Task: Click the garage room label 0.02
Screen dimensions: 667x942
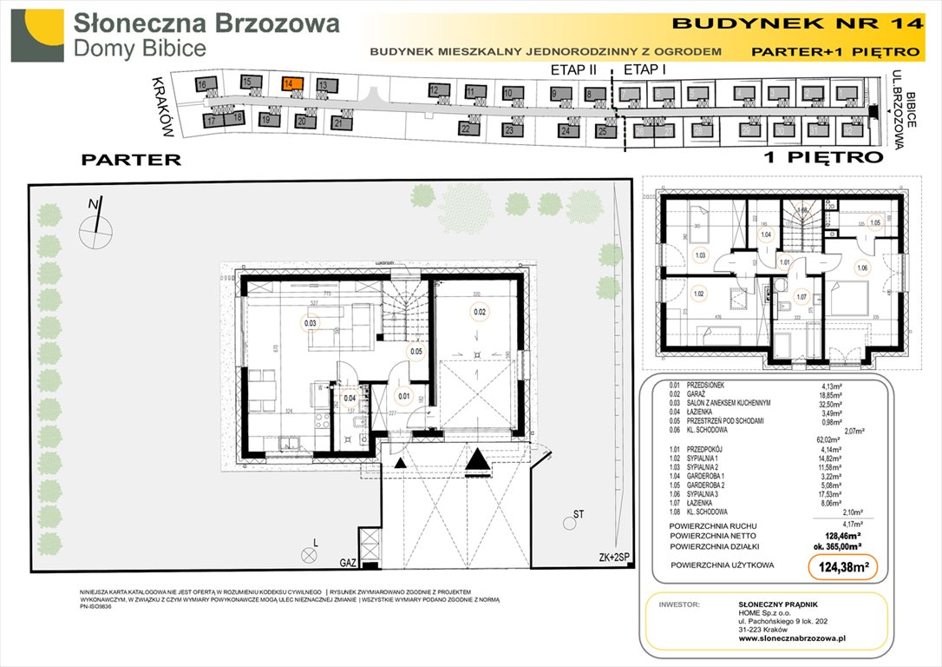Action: (480, 312)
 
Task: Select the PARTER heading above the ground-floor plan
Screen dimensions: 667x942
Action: (131, 160)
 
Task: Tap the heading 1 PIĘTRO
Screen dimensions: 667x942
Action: (823, 158)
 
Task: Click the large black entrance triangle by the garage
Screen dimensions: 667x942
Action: (475, 461)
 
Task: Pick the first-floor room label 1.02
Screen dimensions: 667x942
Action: (698, 294)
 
